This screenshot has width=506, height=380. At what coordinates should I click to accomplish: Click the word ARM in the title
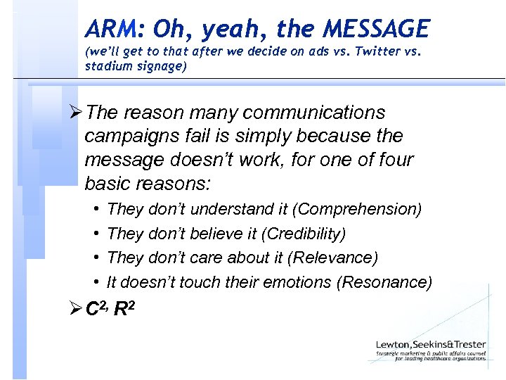[x=109, y=29]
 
